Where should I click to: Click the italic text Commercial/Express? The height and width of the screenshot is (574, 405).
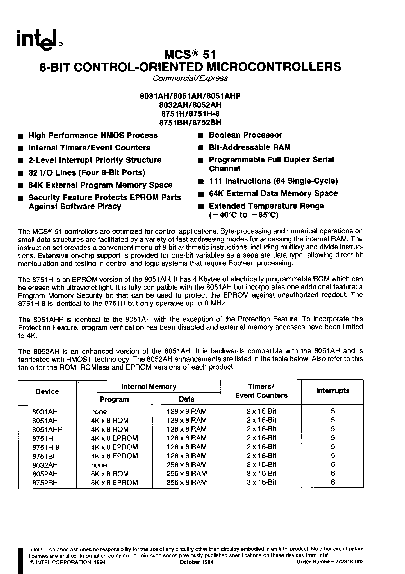coord(190,78)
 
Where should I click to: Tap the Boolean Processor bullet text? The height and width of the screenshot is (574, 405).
coord(245,135)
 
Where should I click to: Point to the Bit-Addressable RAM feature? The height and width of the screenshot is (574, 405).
coord(250,147)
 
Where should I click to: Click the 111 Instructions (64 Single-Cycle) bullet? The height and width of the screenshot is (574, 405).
coord(273,181)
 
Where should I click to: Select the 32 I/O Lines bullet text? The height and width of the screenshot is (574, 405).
coord(87,172)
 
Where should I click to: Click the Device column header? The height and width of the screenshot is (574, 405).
coord(47,392)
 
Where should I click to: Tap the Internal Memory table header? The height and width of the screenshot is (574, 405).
coord(149,387)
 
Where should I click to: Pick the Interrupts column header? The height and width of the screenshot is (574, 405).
coord(332,391)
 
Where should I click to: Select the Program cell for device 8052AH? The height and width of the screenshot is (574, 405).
coord(110,474)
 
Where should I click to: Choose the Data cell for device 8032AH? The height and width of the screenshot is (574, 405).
coord(186,465)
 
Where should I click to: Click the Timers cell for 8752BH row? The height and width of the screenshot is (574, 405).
coord(261,483)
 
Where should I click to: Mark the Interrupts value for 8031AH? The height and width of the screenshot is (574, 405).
coord(333,411)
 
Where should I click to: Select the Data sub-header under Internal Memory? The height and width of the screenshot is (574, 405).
coord(186,399)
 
